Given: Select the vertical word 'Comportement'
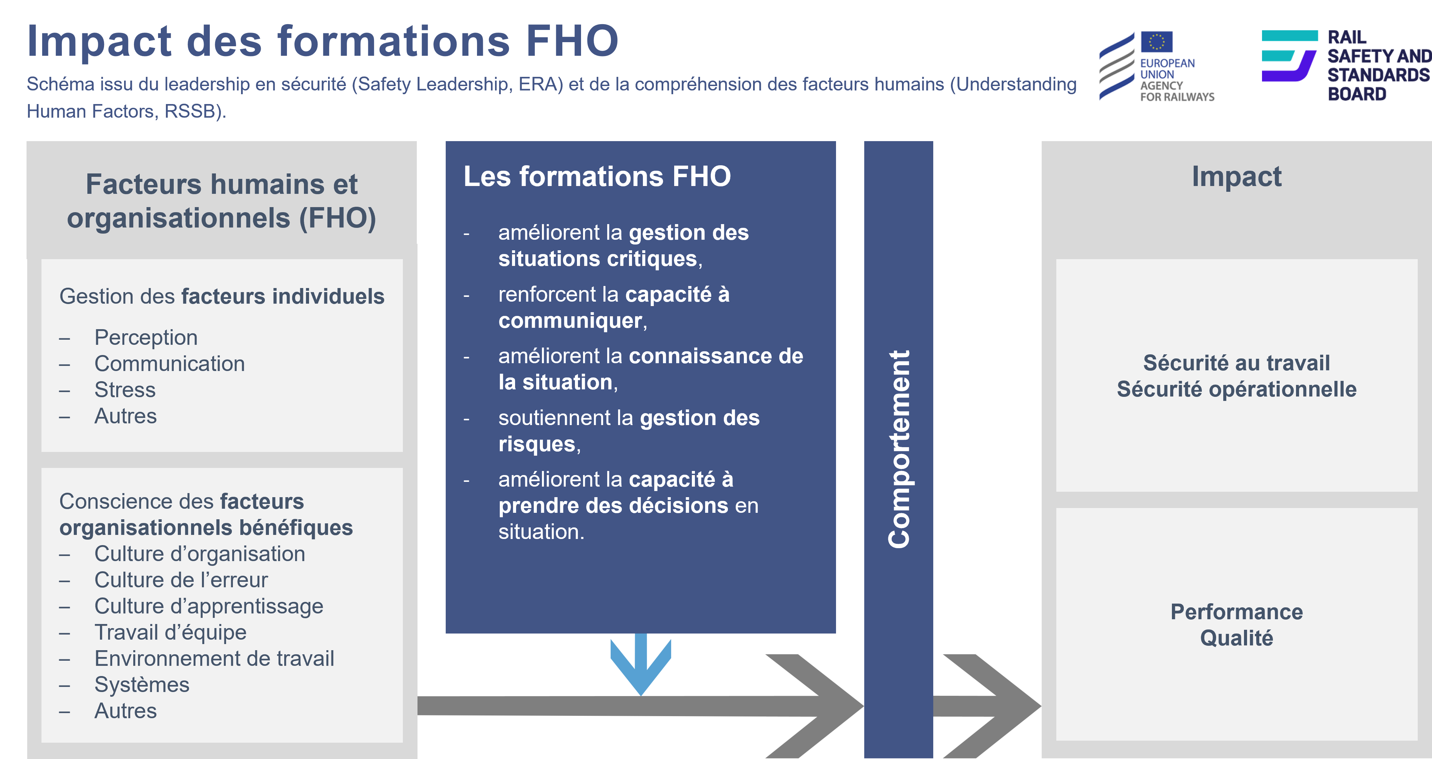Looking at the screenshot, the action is point(899,449).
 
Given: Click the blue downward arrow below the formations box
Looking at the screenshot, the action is point(641,664).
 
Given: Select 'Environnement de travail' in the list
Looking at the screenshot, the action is point(214,658).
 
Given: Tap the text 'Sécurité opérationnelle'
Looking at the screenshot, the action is point(1236,389).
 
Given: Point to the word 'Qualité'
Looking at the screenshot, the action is point(1236,638).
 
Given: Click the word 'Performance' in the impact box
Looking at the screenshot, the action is point(1236,612).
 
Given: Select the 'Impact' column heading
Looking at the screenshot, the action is point(1236,177).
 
